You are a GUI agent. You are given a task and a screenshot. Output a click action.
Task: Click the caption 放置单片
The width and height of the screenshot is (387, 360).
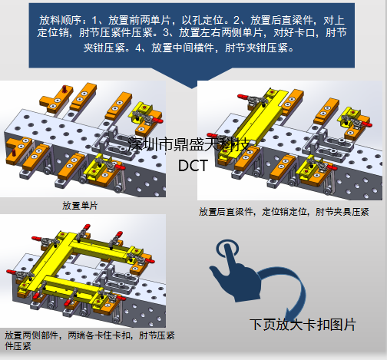pyautogui.click(x=80, y=206)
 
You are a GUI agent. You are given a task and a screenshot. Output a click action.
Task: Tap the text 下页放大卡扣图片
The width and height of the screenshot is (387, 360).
pyautogui.click(x=303, y=325)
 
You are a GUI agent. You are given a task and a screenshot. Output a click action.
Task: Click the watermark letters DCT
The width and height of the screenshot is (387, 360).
pyautogui.click(x=193, y=166)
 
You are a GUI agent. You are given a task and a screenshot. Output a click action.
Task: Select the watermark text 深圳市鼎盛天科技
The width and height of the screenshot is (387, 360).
pyautogui.click(x=189, y=144)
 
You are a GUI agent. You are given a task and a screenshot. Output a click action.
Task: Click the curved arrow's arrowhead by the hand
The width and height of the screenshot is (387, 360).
pyautogui.click(x=290, y=314)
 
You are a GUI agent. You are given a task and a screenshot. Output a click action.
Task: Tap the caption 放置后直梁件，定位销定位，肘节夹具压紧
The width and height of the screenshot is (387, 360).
pyautogui.click(x=284, y=212)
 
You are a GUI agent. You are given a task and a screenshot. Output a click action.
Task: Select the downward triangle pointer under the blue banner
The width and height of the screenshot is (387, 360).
pyautogui.click(x=192, y=78)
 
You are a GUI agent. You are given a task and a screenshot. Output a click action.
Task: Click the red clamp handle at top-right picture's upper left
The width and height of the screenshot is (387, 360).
pyautogui.click(x=243, y=97)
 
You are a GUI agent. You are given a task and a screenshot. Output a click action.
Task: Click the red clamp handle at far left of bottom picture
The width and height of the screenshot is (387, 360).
pyautogui.click(x=12, y=272)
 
